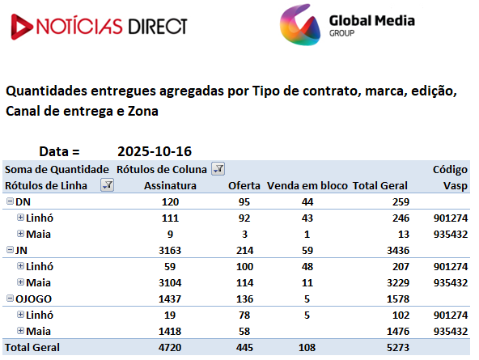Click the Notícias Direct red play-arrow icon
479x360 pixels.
coord(21,27)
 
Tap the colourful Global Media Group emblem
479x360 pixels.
coord(300,25)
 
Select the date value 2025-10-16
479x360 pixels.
coord(155,151)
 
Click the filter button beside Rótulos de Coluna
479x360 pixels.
coord(218,169)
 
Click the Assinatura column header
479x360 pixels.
coord(170,185)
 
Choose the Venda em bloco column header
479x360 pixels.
coord(307,185)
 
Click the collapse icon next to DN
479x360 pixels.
coord(10,201)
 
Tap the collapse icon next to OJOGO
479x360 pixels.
coord(10,299)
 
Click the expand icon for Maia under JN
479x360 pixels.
coord(20,282)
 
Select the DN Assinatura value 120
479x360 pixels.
coord(170,201)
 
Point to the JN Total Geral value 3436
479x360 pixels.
coord(398,250)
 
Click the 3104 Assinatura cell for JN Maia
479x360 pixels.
coord(170,283)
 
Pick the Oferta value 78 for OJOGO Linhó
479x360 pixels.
coord(244,316)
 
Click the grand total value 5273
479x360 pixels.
coord(398,348)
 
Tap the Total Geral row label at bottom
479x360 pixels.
coord(32,348)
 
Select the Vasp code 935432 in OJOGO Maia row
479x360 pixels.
coord(451,332)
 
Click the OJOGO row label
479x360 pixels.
coord(33,299)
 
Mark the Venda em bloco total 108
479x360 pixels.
coord(307,348)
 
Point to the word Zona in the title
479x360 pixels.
coord(143,111)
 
